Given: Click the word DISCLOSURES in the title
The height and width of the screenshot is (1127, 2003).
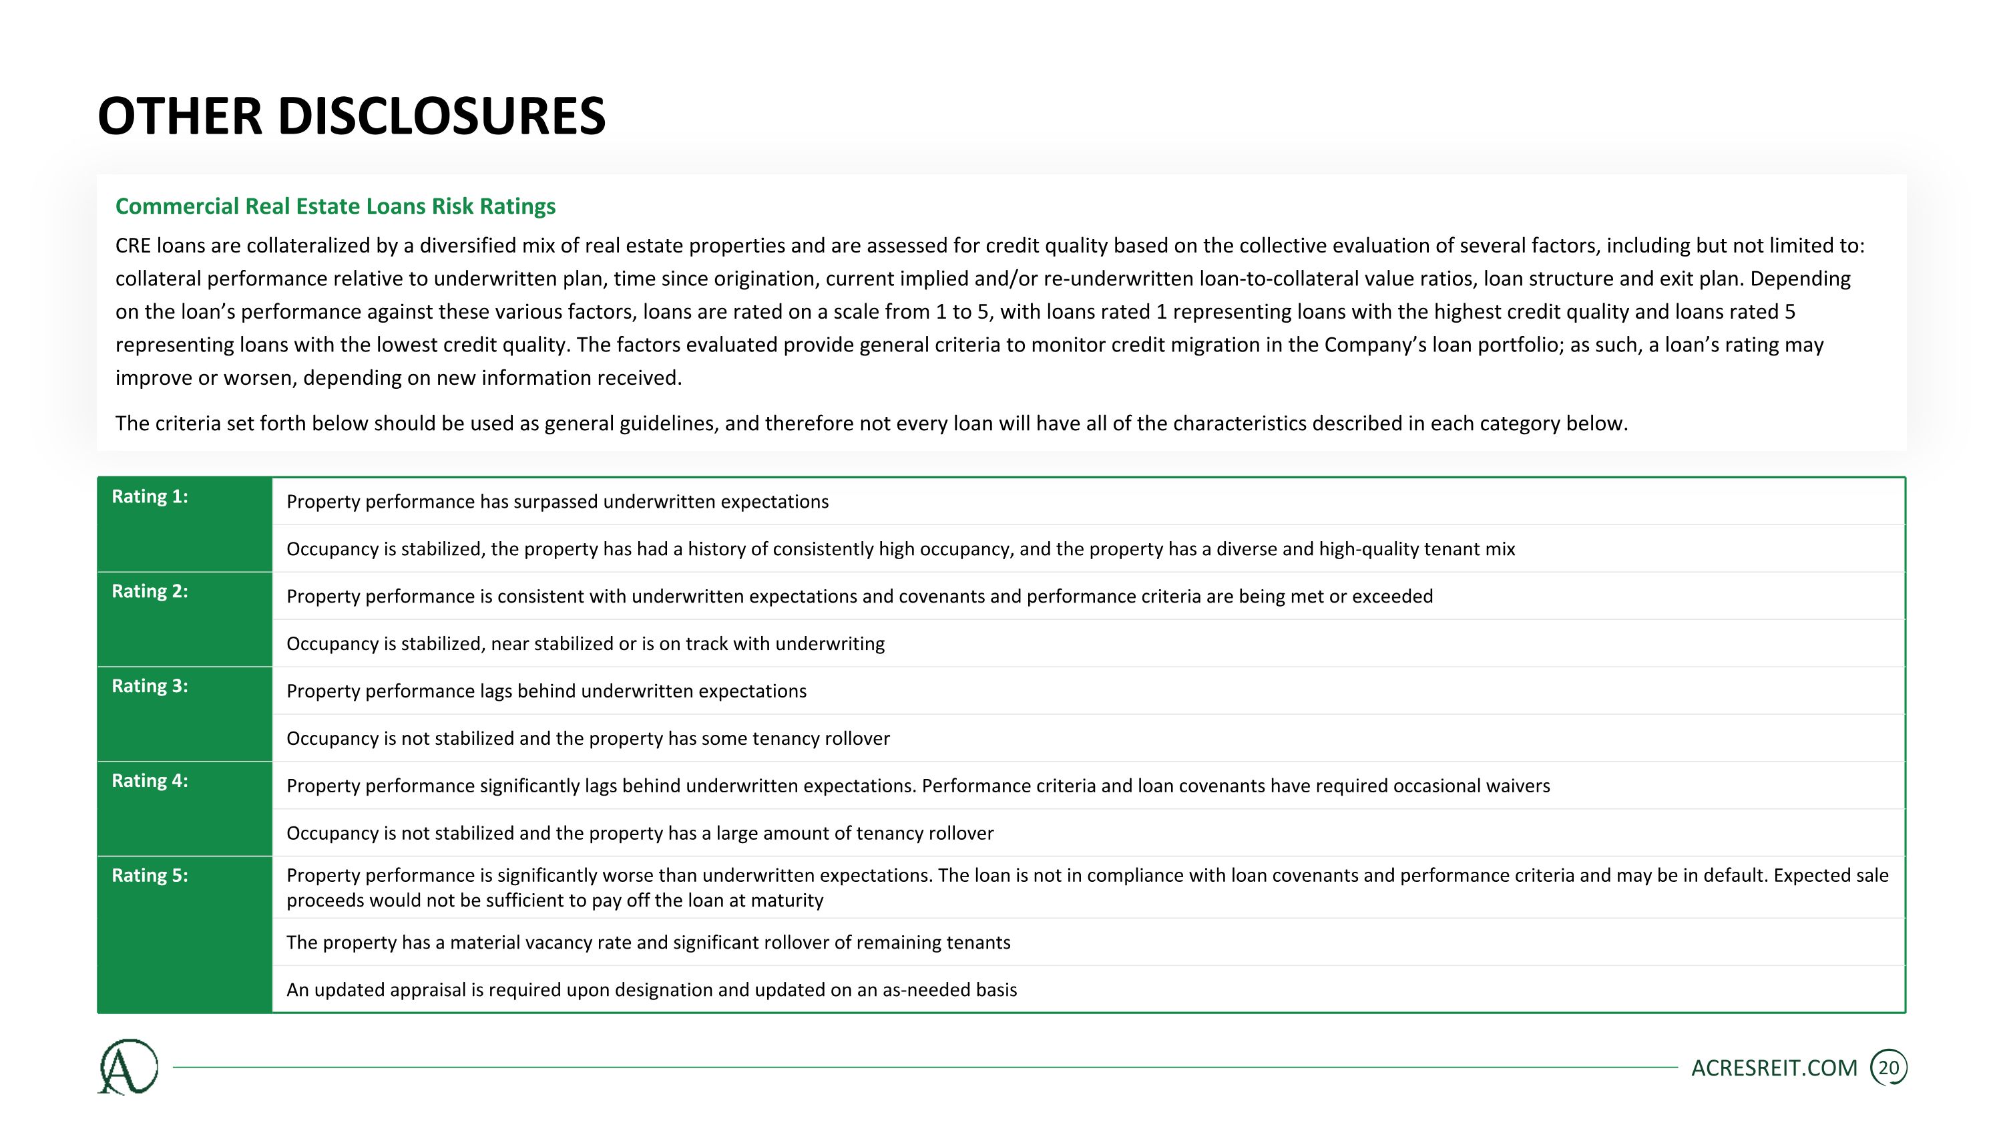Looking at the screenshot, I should click(441, 117).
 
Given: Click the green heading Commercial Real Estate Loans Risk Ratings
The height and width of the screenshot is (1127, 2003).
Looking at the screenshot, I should click(335, 206).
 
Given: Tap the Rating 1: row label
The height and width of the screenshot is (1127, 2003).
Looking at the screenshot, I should click(150, 497).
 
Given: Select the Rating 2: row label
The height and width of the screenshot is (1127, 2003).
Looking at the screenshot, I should click(150, 592).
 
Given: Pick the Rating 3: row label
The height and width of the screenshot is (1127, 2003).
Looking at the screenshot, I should click(150, 687).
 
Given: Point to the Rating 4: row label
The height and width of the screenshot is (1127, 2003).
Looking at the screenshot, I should click(150, 782).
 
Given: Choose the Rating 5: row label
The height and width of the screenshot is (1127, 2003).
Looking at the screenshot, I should click(150, 876).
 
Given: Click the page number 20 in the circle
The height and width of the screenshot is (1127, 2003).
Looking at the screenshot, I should click(1888, 1068).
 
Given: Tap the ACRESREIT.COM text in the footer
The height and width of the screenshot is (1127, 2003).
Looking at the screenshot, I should click(1773, 1069).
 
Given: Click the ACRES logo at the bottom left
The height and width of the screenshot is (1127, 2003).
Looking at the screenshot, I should click(128, 1067).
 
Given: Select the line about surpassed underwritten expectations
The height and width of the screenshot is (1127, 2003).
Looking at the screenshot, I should click(558, 502).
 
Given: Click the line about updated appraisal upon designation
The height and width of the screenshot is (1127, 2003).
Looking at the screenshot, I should click(652, 990).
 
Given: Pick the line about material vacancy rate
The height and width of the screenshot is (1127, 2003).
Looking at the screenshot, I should click(648, 943).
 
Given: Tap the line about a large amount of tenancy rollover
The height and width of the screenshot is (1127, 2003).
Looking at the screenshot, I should click(640, 834).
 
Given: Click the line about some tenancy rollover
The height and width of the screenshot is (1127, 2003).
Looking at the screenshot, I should click(588, 739).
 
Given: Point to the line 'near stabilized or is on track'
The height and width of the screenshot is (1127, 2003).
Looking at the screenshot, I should click(586, 644).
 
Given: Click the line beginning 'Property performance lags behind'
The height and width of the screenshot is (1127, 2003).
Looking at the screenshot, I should click(547, 691).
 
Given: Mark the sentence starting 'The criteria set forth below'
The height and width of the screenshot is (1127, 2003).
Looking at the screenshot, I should click(871, 424).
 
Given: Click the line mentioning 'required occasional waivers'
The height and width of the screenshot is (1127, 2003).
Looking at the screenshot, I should click(917, 786).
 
